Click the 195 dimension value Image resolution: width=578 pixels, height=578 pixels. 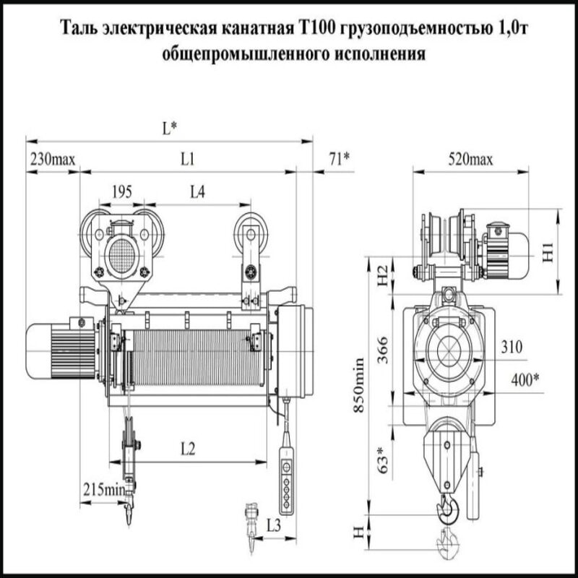122,192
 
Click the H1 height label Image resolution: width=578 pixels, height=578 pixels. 548,252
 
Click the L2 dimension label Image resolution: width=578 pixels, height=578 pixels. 187,449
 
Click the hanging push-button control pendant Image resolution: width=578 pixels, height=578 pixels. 288,484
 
